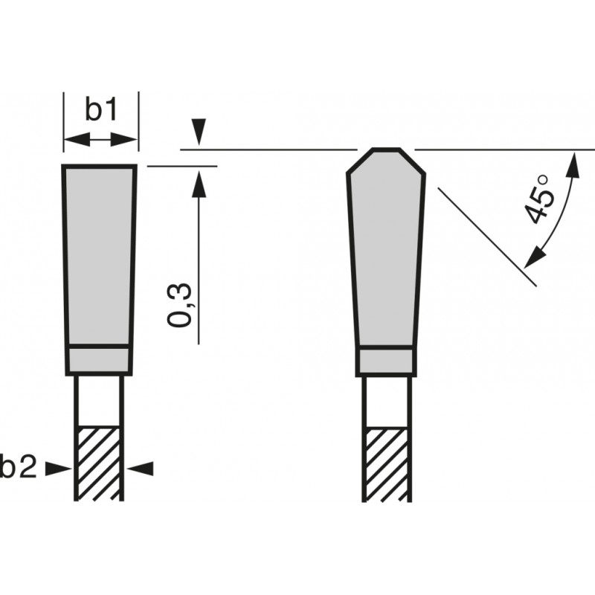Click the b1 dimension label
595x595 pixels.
tap(100, 110)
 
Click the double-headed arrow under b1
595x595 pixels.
tap(100, 139)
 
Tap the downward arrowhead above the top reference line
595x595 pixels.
tap(197, 134)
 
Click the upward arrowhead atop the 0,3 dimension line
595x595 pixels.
tap(199, 181)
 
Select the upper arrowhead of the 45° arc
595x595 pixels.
tap(574, 165)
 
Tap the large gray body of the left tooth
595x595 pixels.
tap(99, 253)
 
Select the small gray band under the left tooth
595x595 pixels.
tap(99, 360)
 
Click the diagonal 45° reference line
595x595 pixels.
tap(487, 234)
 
